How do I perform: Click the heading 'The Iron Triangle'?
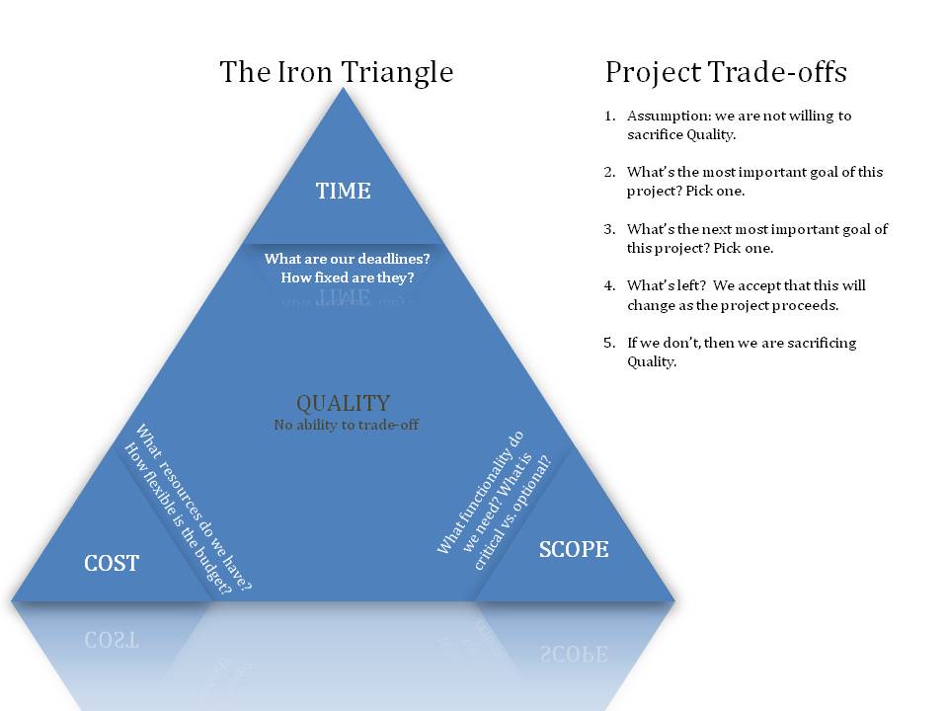[336, 72]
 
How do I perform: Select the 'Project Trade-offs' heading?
[726, 72]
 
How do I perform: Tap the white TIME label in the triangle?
[343, 191]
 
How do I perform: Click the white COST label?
[112, 564]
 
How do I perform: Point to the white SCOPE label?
[573, 549]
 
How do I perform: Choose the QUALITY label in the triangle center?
[343, 403]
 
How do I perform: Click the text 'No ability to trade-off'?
[346, 425]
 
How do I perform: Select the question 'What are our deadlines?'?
[347, 259]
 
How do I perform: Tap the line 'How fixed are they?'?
[347, 277]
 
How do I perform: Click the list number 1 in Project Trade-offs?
[609, 116]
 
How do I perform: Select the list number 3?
[609, 229]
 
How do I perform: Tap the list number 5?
[609, 343]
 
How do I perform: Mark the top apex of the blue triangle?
[343, 90]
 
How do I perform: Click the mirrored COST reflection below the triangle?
[112, 638]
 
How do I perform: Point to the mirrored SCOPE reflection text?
[573, 652]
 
